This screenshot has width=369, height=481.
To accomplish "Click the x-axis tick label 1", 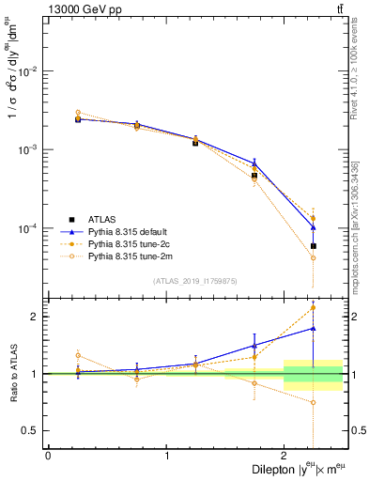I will point(166,456).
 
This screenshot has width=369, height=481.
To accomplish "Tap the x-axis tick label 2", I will point(284,456).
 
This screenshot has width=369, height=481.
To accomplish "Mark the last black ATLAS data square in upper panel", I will point(314,246).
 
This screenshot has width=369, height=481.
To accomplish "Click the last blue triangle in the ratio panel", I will point(314,328).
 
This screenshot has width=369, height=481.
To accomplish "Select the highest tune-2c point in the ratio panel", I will point(314,307).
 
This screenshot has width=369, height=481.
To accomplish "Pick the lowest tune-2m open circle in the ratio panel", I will point(314,402).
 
